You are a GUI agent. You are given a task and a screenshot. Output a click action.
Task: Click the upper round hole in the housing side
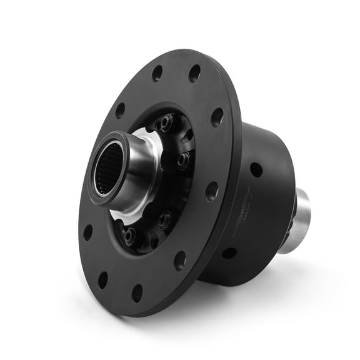pyautogui.click(x=256, y=169)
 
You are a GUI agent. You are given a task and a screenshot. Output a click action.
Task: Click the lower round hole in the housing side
pyautogui.click(x=229, y=252)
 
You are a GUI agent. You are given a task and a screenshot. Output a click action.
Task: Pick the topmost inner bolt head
pyautogui.click(x=166, y=122)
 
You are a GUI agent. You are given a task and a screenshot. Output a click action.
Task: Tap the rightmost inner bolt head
pyautogui.click(x=182, y=160)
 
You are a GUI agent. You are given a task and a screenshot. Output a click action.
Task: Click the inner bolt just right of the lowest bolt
pyautogui.click(x=164, y=218)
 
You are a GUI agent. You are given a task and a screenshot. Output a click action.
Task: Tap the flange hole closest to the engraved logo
pyautogui.click(x=212, y=191)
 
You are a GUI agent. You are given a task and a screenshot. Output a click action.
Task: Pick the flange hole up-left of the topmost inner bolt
pyautogui.click(x=120, y=110)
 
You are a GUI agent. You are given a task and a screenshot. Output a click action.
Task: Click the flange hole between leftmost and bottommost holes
pyautogui.click(x=102, y=279)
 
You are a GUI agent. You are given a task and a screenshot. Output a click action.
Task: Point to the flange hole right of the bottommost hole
pyautogui.click(x=180, y=259)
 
